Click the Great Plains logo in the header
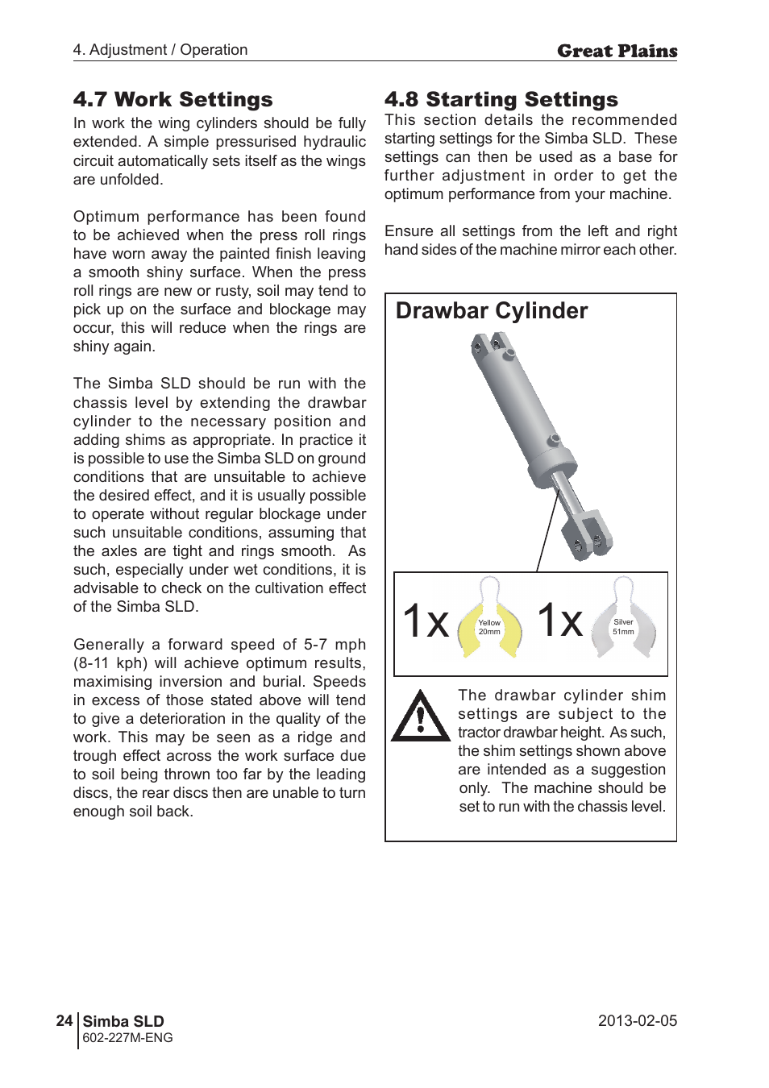click(x=617, y=52)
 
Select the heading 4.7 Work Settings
click(x=173, y=100)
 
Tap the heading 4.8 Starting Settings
click(x=501, y=100)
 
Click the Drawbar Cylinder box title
click(x=491, y=311)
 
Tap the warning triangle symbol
click(x=419, y=716)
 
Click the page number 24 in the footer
click(x=64, y=1021)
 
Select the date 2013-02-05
click(x=637, y=1021)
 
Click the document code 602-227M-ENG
click(x=127, y=1038)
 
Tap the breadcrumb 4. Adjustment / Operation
click(x=160, y=50)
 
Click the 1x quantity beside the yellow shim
click(x=425, y=621)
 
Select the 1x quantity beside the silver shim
click(x=559, y=621)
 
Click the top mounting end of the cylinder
click(x=491, y=347)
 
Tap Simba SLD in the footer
click(x=123, y=1021)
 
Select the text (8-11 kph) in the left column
click(x=110, y=663)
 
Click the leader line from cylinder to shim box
click(x=547, y=533)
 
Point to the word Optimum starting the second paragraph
click(x=106, y=217)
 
